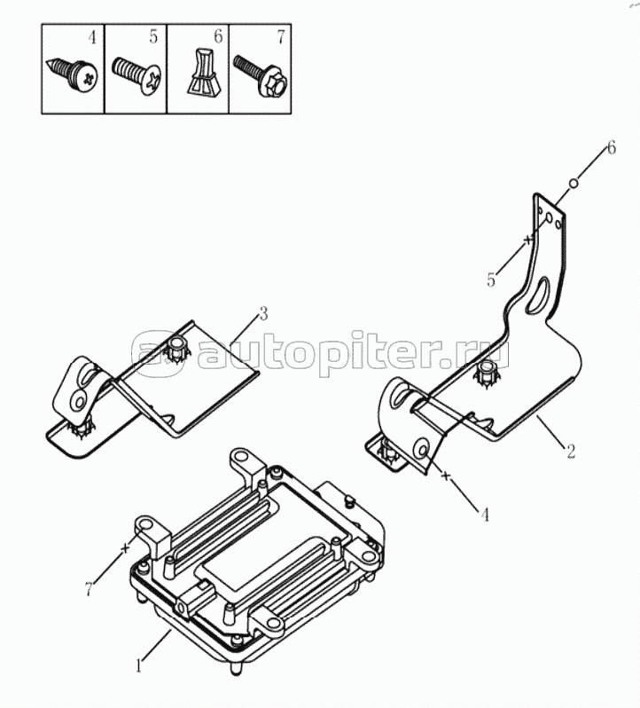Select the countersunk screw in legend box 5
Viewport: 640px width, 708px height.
[x=137, y=75]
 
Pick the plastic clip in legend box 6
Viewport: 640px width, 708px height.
[x=203, y=73]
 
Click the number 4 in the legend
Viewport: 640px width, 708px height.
[x=92, y=37]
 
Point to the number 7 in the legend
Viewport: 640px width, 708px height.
[x=281, y=37]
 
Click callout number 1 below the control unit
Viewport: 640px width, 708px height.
[x=139, y=665]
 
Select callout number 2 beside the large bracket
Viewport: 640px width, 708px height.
[x=571, y=452]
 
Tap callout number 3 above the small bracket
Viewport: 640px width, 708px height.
[x=263, y=313]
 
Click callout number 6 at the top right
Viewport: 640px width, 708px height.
[x=611, y=147]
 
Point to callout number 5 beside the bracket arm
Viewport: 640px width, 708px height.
[x=491, y=280]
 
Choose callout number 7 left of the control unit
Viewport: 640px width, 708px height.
[x=89, y=588]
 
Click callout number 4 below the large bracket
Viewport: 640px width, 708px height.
[x=485, y=515]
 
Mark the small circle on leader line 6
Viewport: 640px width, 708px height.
[x=574, y=183]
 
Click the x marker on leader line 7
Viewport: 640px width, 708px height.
[x=125, y=548]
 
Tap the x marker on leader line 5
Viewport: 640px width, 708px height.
[x=527, y=240]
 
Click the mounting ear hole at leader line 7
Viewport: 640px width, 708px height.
[x=146, y=524]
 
